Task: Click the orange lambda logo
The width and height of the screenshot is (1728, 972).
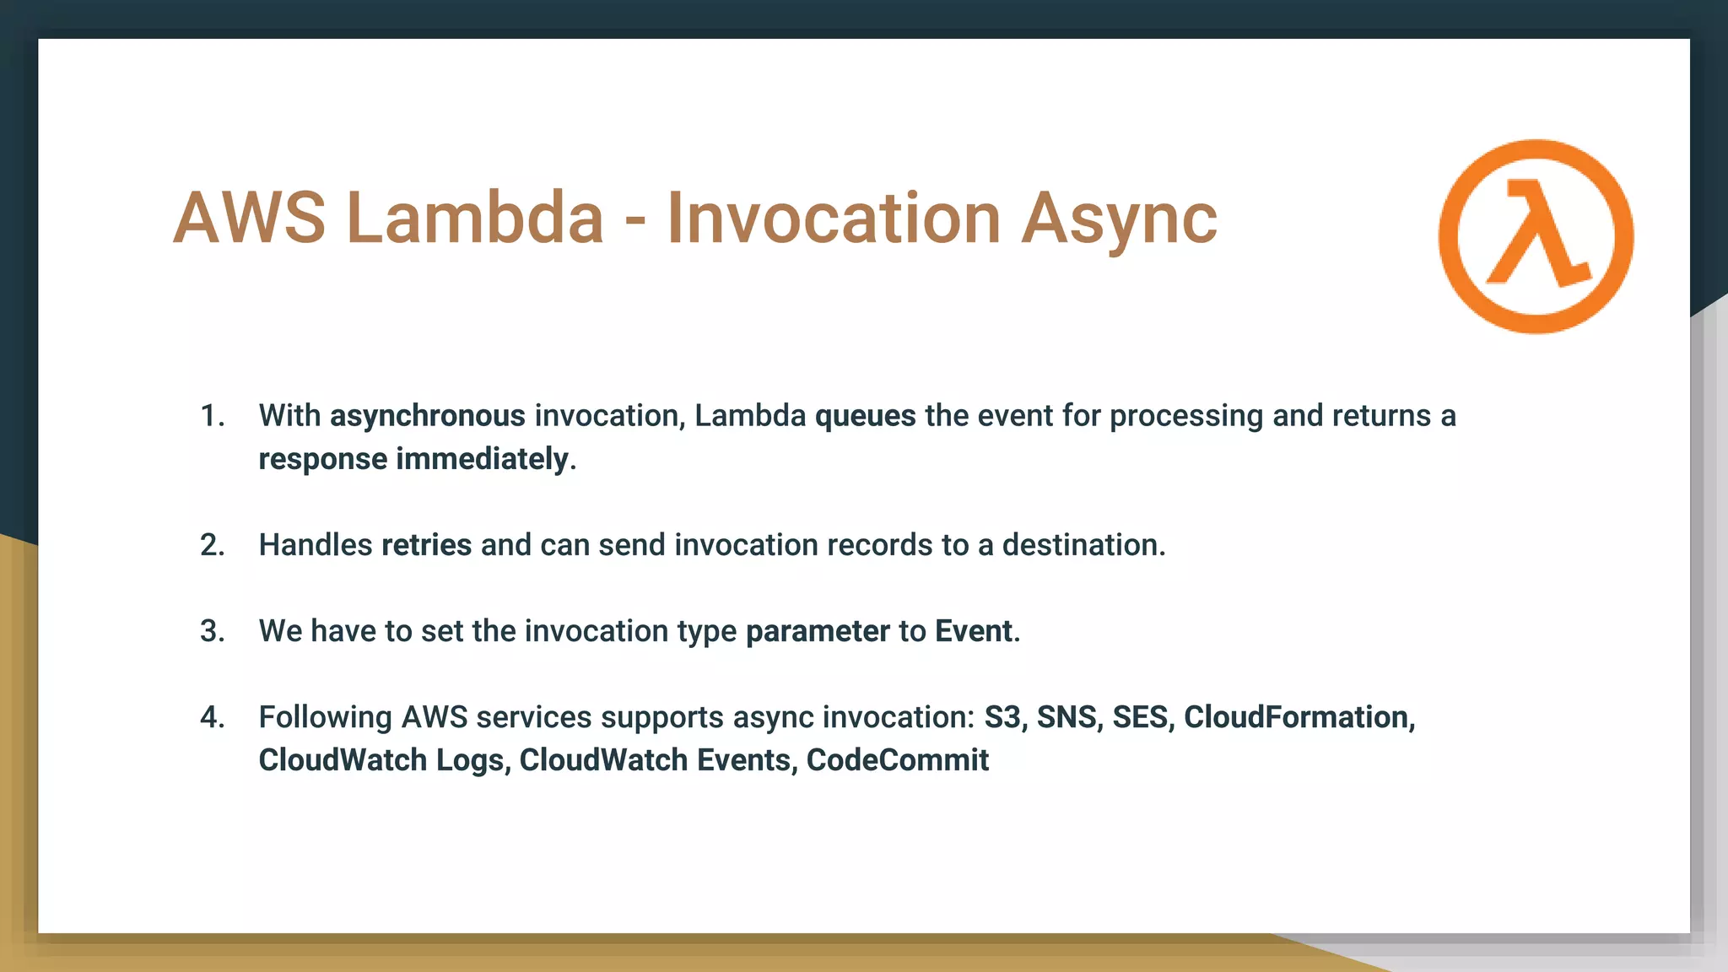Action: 1536,236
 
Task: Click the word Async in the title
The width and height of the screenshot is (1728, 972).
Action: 1119,219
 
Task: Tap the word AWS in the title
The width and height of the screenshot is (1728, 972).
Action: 249,218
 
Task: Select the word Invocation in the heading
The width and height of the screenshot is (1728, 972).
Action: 833,218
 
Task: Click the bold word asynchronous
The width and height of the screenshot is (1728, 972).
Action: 427,416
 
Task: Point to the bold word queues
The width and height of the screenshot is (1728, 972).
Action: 865,416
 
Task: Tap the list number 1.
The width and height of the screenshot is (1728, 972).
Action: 212,416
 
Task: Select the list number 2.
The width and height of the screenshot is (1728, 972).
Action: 212,545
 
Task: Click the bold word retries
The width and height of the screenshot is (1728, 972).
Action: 426,545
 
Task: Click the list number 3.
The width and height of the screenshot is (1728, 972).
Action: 212,631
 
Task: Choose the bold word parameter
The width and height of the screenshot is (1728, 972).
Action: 818,632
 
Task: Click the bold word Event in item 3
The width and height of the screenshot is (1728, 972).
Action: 973,631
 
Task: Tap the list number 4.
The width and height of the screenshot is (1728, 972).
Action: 212,717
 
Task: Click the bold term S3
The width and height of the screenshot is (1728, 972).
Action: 1002,717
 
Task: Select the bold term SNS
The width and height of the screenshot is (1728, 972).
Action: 1066,717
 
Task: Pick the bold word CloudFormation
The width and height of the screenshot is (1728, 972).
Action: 1297,717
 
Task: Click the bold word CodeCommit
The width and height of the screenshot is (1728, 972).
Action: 897,760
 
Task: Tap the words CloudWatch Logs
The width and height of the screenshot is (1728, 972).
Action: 381,760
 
